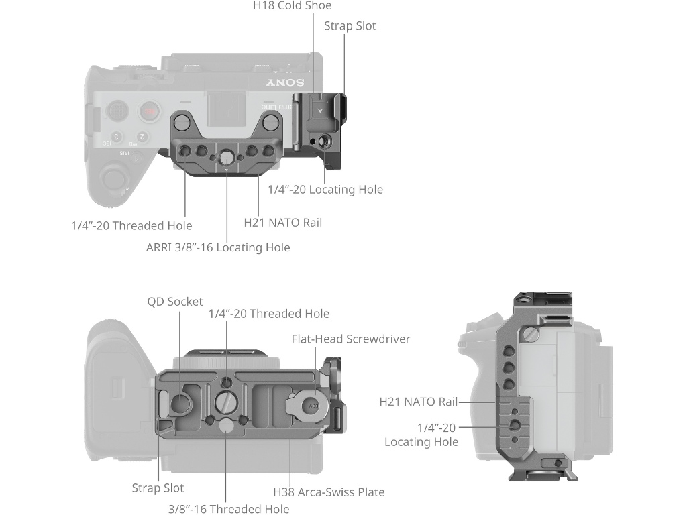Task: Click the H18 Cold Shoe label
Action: point(293,6)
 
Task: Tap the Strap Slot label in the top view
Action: point(350,26)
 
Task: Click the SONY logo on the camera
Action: point(285,83)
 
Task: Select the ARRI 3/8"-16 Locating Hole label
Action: point(218,247)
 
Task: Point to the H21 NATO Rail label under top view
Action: point(282,222)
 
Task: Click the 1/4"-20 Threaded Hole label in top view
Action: point(131,226)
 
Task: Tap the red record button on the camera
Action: point(149,111)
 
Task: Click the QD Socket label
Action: point(174,302)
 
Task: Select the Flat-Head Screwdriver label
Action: point(350,339)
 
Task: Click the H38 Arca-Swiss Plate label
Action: point(329,492)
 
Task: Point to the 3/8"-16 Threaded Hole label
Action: point(229,509)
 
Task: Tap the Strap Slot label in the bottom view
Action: point(158,488)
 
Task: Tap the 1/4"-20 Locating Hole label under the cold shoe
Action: point(325,190)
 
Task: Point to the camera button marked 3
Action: point(116,137)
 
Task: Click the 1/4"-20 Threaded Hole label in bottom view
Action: point(268,314)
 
